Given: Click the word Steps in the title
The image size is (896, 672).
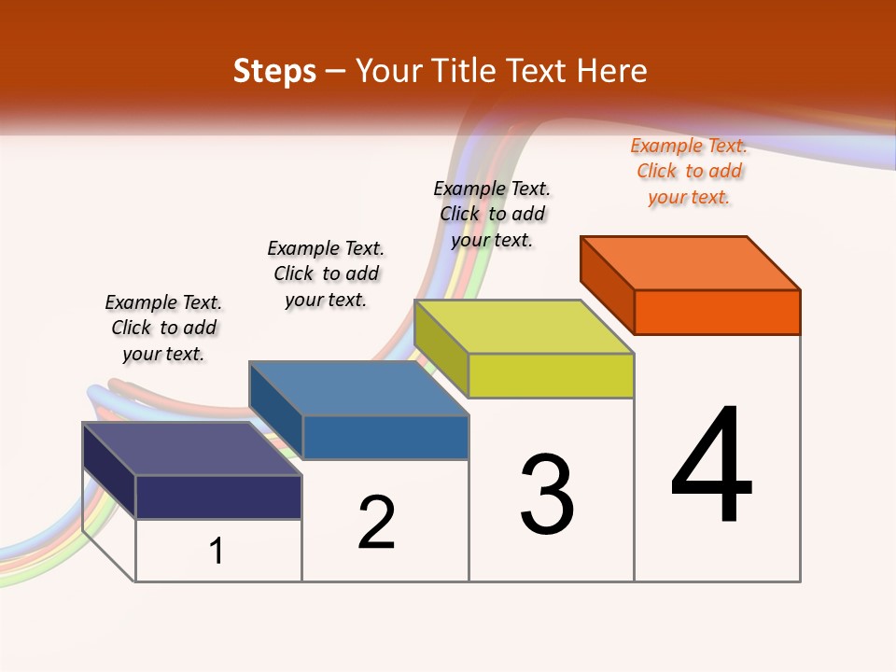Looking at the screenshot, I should coord(274,72).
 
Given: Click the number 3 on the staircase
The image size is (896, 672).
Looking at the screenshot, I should coord(547,496).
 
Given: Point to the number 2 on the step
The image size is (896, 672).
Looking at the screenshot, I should coord(377,523).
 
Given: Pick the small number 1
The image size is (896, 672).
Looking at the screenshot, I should coord(217,551).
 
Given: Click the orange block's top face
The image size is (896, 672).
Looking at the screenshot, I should coord(691,262).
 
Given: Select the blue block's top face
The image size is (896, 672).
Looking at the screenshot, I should coord(359,388).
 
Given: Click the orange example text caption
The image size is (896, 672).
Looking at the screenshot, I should coord(689,172).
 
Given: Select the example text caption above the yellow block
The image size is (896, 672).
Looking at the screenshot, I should coord(492,214).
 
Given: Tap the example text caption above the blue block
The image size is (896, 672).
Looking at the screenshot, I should coord(326,273).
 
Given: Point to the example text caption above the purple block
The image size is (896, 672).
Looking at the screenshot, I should coord(163,328).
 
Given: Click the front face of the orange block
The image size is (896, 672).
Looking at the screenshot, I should coord(717,312).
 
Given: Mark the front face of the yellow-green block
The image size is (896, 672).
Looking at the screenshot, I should coord(551,375).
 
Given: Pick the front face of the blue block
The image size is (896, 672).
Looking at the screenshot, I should coord(385,437).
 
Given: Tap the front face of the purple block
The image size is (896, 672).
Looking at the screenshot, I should coord(218,497).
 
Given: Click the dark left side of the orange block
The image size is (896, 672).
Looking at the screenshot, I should coord(608,285).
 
